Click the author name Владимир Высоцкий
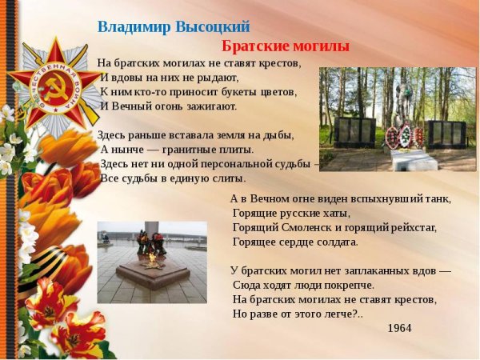coord(174,26)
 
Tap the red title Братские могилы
coord(285,46)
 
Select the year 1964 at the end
coord(399,328)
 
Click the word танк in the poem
coord(438,198)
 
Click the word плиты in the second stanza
coord(236,149)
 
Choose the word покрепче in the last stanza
coord(350,285)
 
